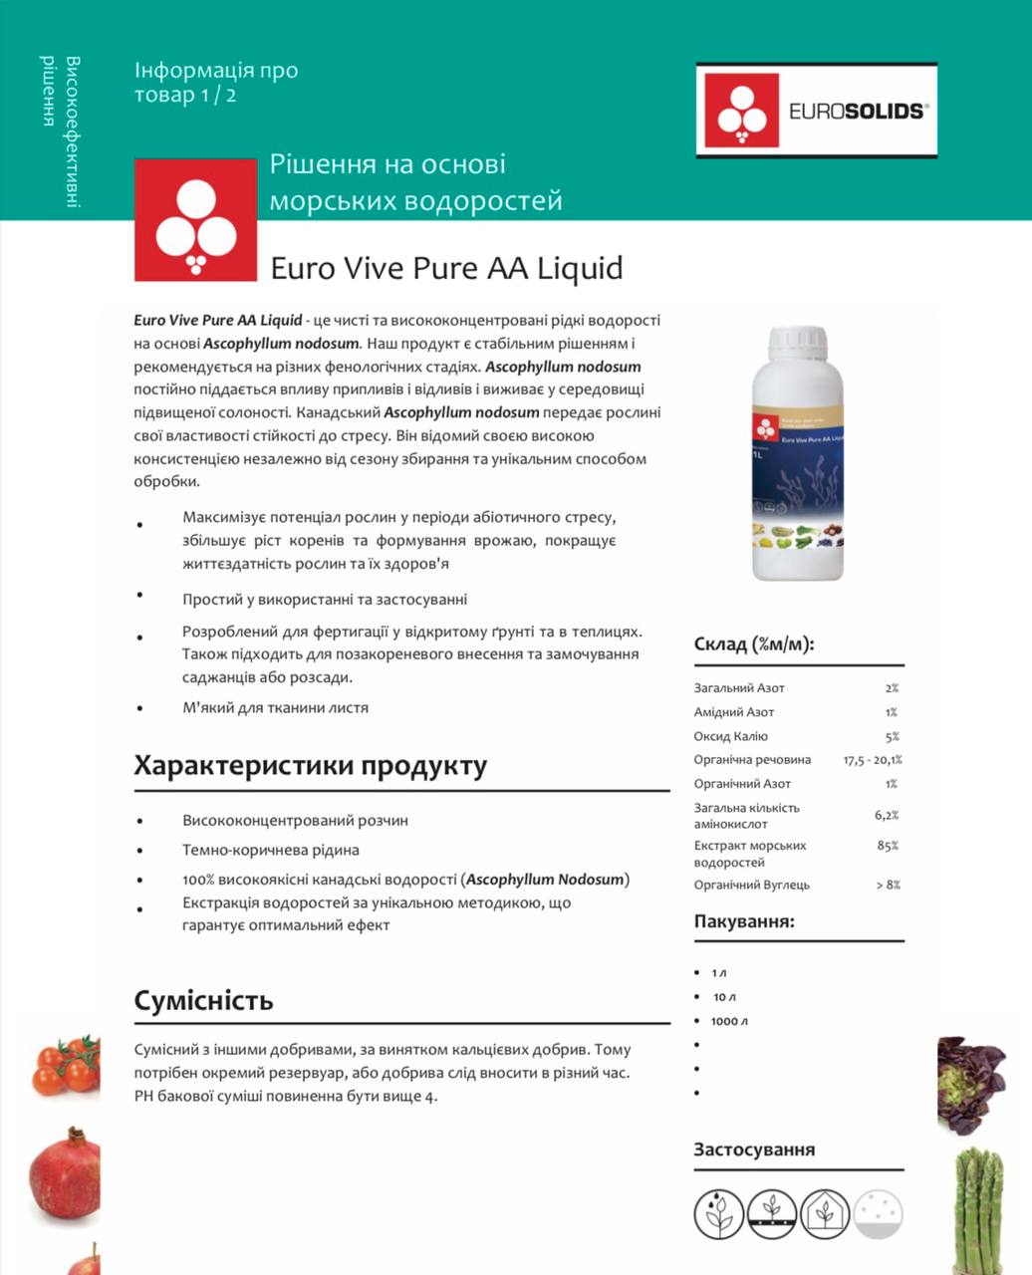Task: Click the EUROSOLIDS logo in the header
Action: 816,111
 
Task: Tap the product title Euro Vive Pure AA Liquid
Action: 446,268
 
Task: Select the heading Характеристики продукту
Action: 311,766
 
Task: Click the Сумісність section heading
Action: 203,1000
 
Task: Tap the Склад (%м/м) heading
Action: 754,643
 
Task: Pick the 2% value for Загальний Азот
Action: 892,688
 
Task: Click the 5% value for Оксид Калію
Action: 892,737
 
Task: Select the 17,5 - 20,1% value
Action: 873,760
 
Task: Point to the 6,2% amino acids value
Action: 887,815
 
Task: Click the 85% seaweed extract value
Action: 888,846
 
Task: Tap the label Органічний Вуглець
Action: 752,885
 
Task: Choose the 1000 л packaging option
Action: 729,1021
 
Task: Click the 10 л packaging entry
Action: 724,997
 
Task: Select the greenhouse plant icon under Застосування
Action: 824,1213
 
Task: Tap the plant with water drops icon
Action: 718,1213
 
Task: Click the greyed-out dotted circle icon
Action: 878,1213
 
